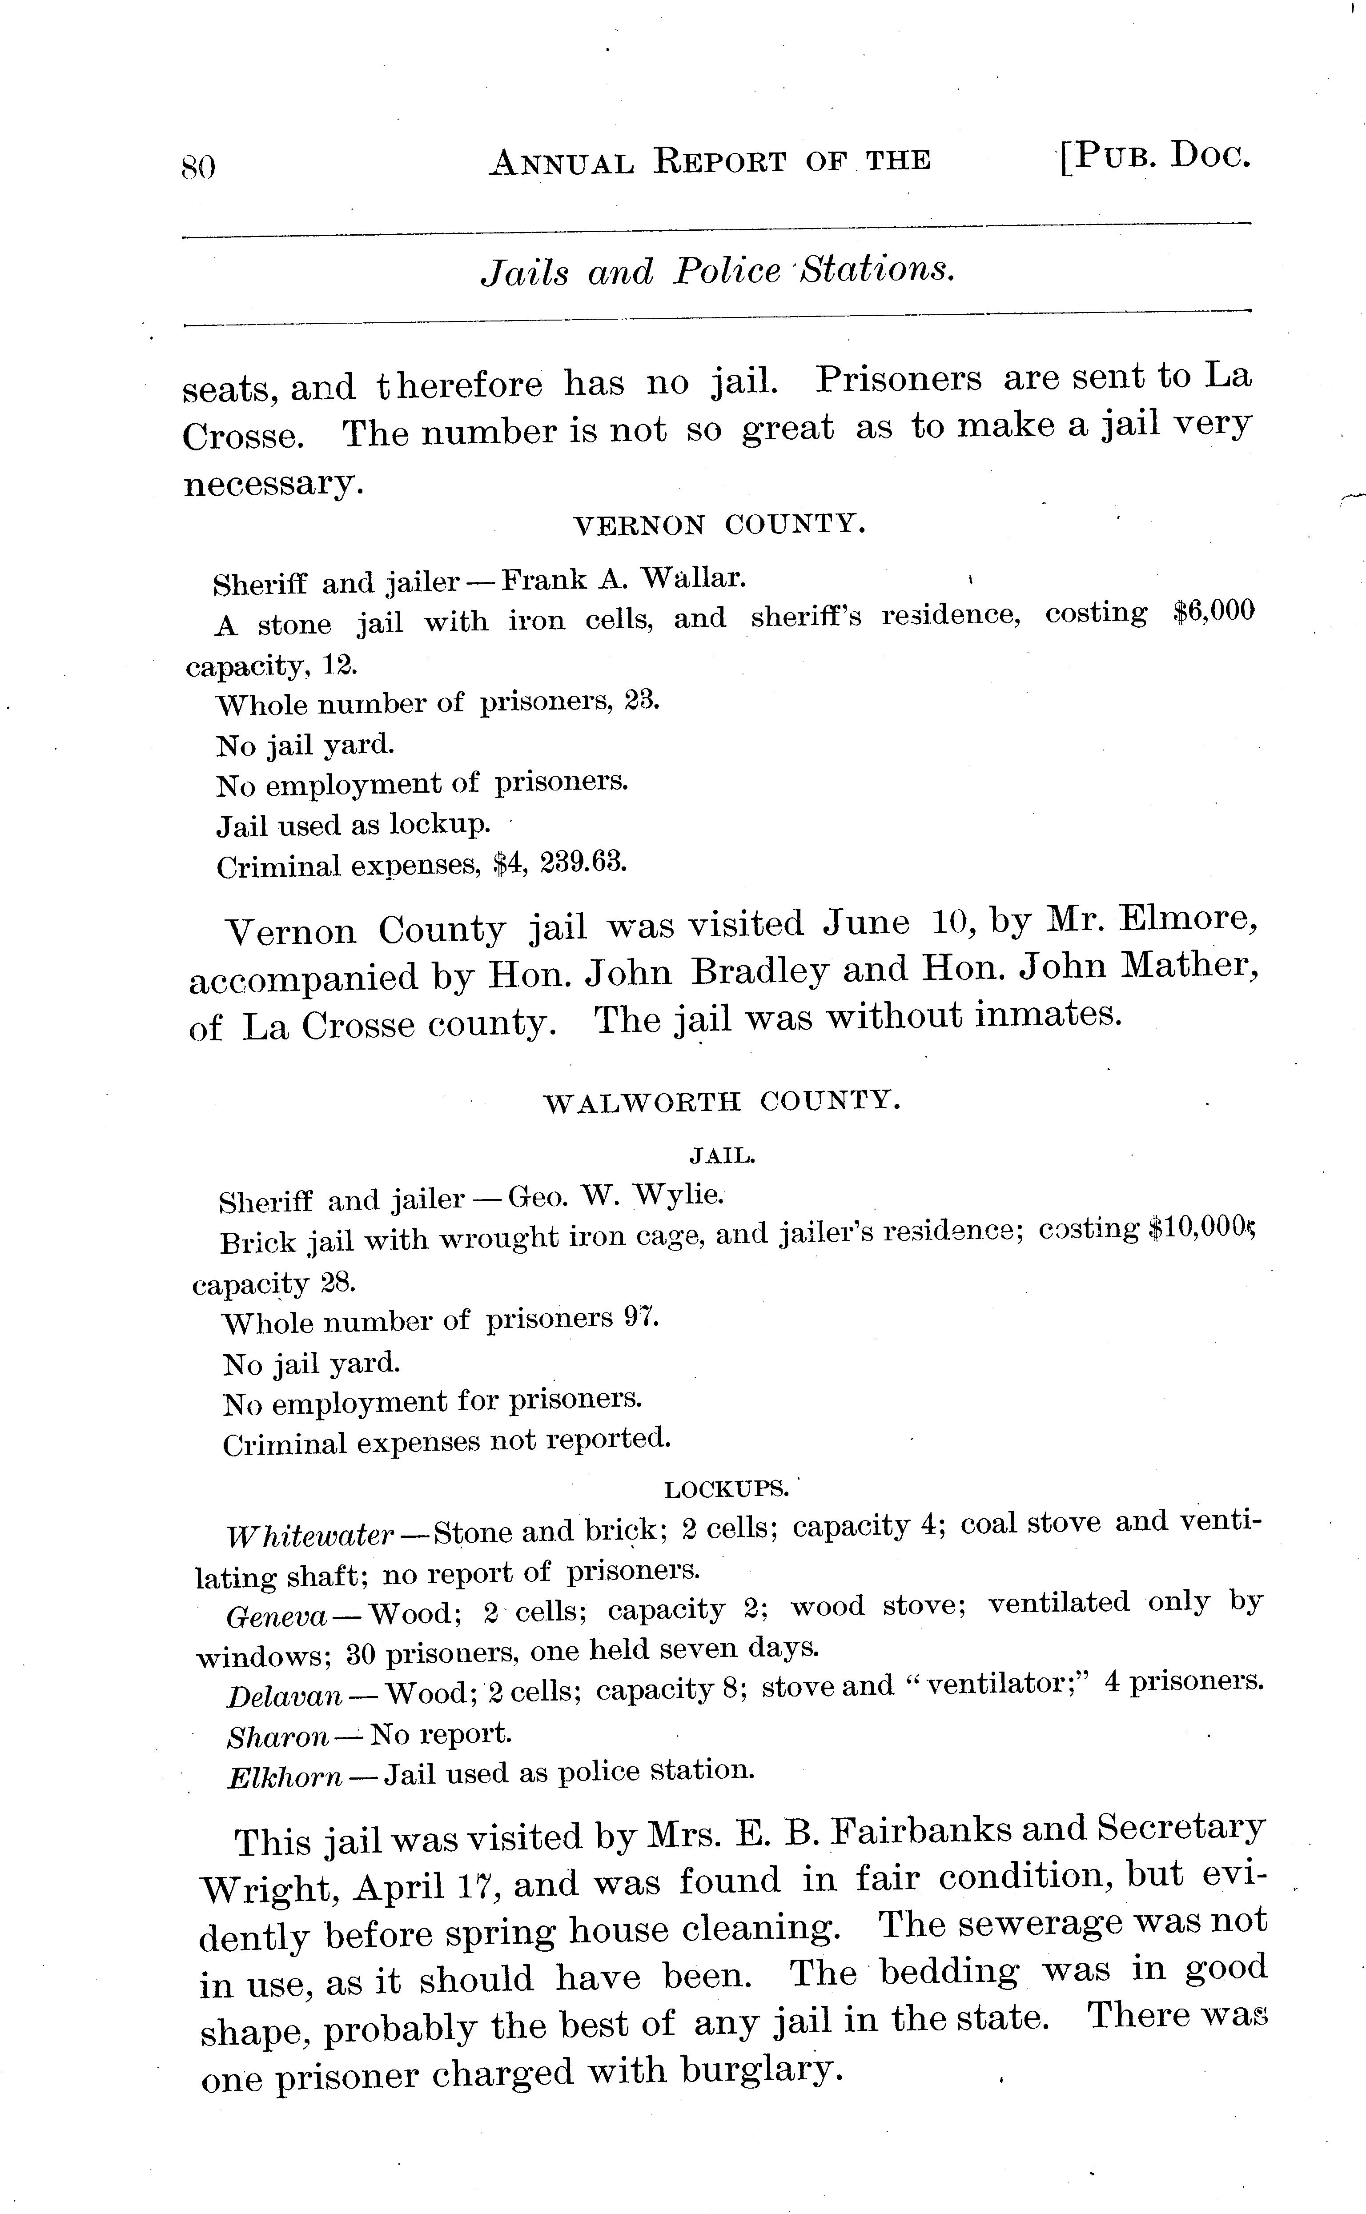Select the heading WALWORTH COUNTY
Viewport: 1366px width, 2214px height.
(x=722, y=1101)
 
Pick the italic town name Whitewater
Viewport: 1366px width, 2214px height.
(x=310, y=1535)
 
